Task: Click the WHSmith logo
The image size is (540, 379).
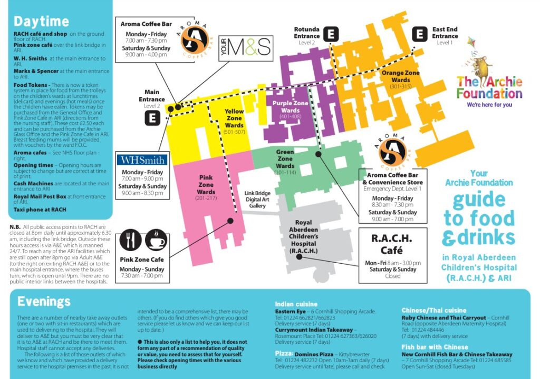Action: click(x=142, y=159)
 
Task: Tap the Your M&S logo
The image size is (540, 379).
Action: click(x=246, y=48)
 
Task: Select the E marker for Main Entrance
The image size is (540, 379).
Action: click(x=152, y=118)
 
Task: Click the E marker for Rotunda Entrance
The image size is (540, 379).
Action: click(x=331, y=34)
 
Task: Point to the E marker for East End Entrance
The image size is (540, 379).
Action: click(x=420, y=34)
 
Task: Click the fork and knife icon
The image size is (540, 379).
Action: click(x=130, y=240)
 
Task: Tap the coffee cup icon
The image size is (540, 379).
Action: click(x=156, y=240)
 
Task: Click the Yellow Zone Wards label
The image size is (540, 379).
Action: click(x=234, y=122)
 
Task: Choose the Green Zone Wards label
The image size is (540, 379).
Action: click(x=285, y=162)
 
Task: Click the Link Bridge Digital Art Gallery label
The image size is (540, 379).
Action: click(x=258, y=200)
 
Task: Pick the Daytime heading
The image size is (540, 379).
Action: click(x=41, y=22)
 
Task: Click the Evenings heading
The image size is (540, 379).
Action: click(x=44, y=302)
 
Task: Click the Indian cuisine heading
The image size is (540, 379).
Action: click(x=296, y=304)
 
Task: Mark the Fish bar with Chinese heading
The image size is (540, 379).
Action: click(x=435, y=347)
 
